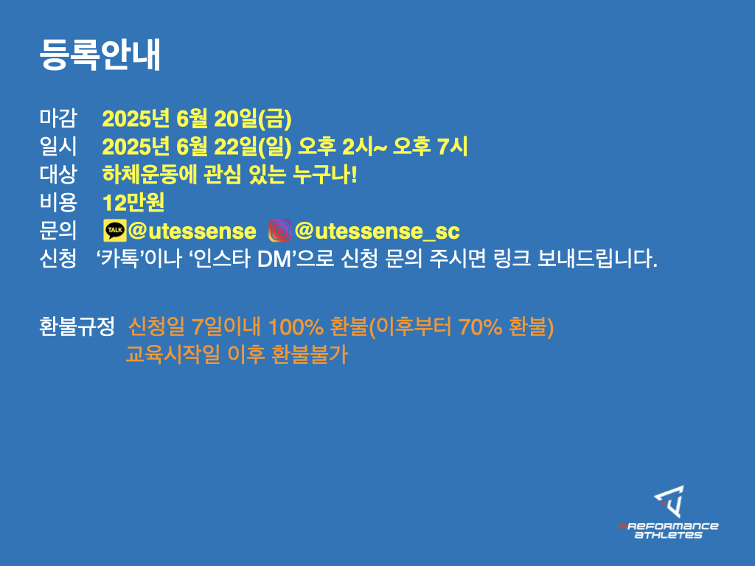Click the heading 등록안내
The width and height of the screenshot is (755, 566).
(x=100, y=55)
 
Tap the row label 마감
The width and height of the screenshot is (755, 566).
(x=58, y=119)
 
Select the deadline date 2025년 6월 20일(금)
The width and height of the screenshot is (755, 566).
(x=196, y=119)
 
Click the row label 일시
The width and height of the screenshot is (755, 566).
(x=58, y=147)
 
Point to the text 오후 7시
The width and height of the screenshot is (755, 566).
(x=430, y=147)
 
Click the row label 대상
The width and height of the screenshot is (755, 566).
(x=58, y=174)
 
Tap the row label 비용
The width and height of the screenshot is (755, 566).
(x=58, y=203)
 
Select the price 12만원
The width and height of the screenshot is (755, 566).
(x=133, y=203)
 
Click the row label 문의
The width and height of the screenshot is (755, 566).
(x=58, y=231)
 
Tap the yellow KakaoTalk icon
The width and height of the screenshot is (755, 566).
(x=114, y=231)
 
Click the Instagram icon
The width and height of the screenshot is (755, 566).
(x=279, y=231)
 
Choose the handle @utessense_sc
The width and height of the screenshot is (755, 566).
(x=377, y=231)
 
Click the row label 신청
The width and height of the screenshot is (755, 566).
(x=58, y=259)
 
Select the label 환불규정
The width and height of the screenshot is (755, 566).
(x=77, y=326)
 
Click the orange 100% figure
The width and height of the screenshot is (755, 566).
(x=296, y=327)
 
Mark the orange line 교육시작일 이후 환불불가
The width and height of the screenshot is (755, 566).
(x=237, y=354)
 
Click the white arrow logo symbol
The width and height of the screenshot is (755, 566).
(x=669, y=501)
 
